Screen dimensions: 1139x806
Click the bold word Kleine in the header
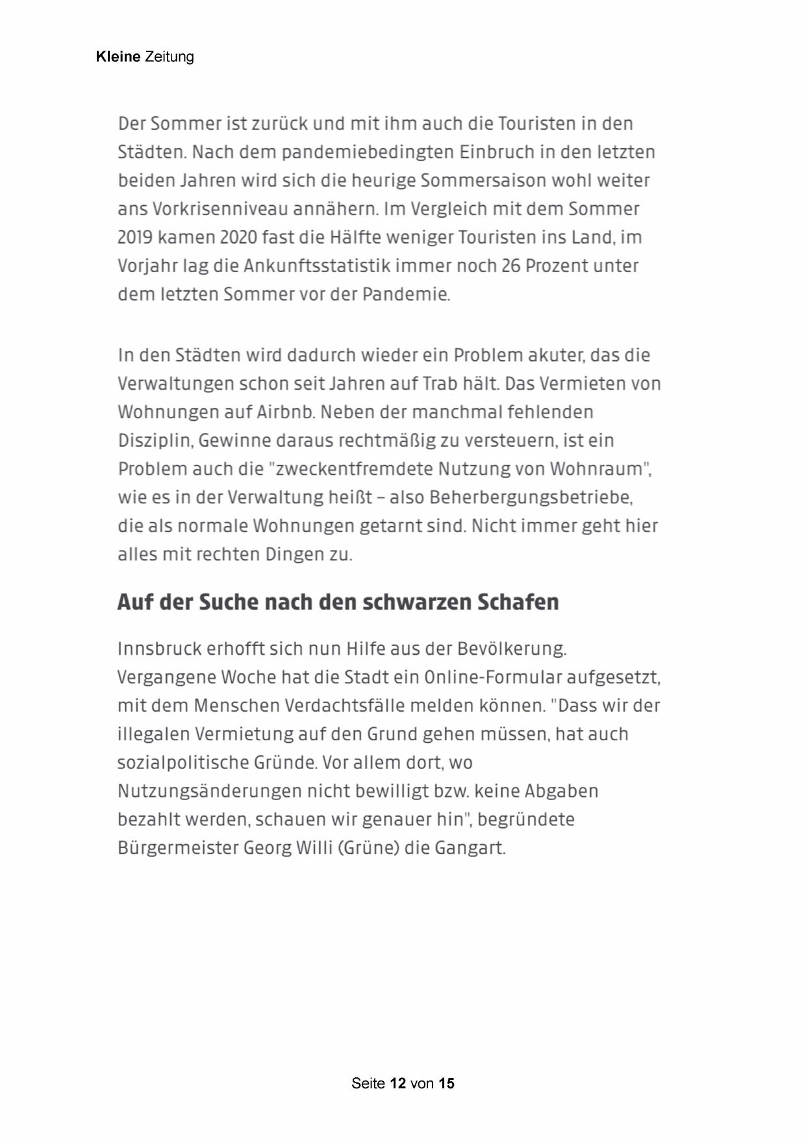pyautogui.click(x=118, y=56)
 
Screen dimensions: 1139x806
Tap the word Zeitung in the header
pyautogui.click(x=169, y=57)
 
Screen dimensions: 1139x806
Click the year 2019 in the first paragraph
pyautogui.click(x=134, y=238)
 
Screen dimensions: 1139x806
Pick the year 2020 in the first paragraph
pyautogui.click(x=238, y=238)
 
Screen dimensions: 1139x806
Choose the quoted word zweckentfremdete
pyautogui.click(x=354, y=469)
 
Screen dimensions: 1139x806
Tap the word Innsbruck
pyautogui.click(x=159, y=649)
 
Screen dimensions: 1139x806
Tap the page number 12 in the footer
pyautogui.click(x=397, y=1083)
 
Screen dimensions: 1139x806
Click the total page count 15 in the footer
pyautogui.click(x=446, y=1083)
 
